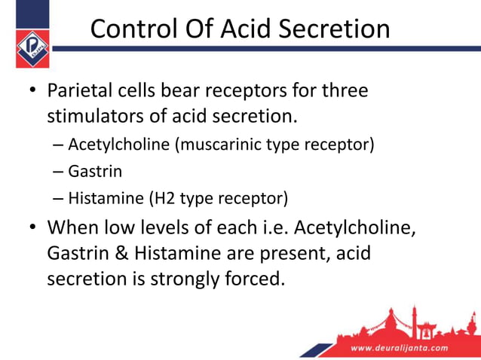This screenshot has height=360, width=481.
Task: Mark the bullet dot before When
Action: tap(32, 227)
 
